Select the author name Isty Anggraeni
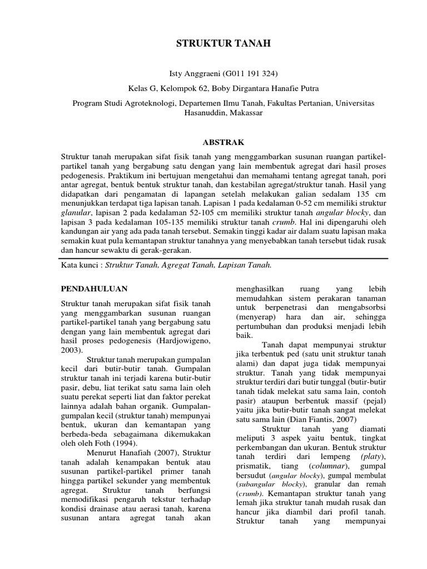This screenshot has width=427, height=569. coord(180,73)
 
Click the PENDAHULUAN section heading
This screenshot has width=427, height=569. coord(93,288)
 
